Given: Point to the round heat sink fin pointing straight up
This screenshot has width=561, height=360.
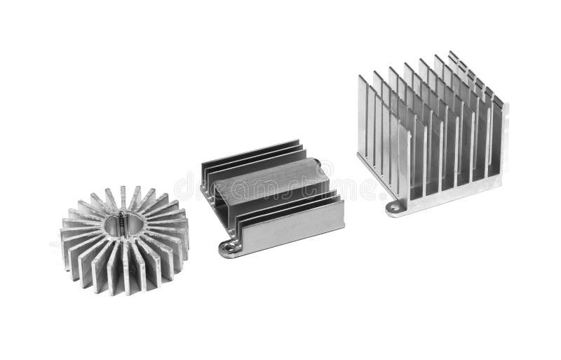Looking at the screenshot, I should click(123, 197).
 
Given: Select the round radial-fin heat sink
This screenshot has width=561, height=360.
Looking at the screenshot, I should click(125, 232).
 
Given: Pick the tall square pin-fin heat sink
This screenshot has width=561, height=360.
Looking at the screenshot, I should click(431, 133).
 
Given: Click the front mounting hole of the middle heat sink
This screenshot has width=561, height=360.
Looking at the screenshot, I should click(228, 246).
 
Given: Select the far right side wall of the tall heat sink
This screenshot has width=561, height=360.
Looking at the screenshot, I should click(499, 140).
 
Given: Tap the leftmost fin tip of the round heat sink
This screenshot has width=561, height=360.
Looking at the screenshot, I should click(64, 232).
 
